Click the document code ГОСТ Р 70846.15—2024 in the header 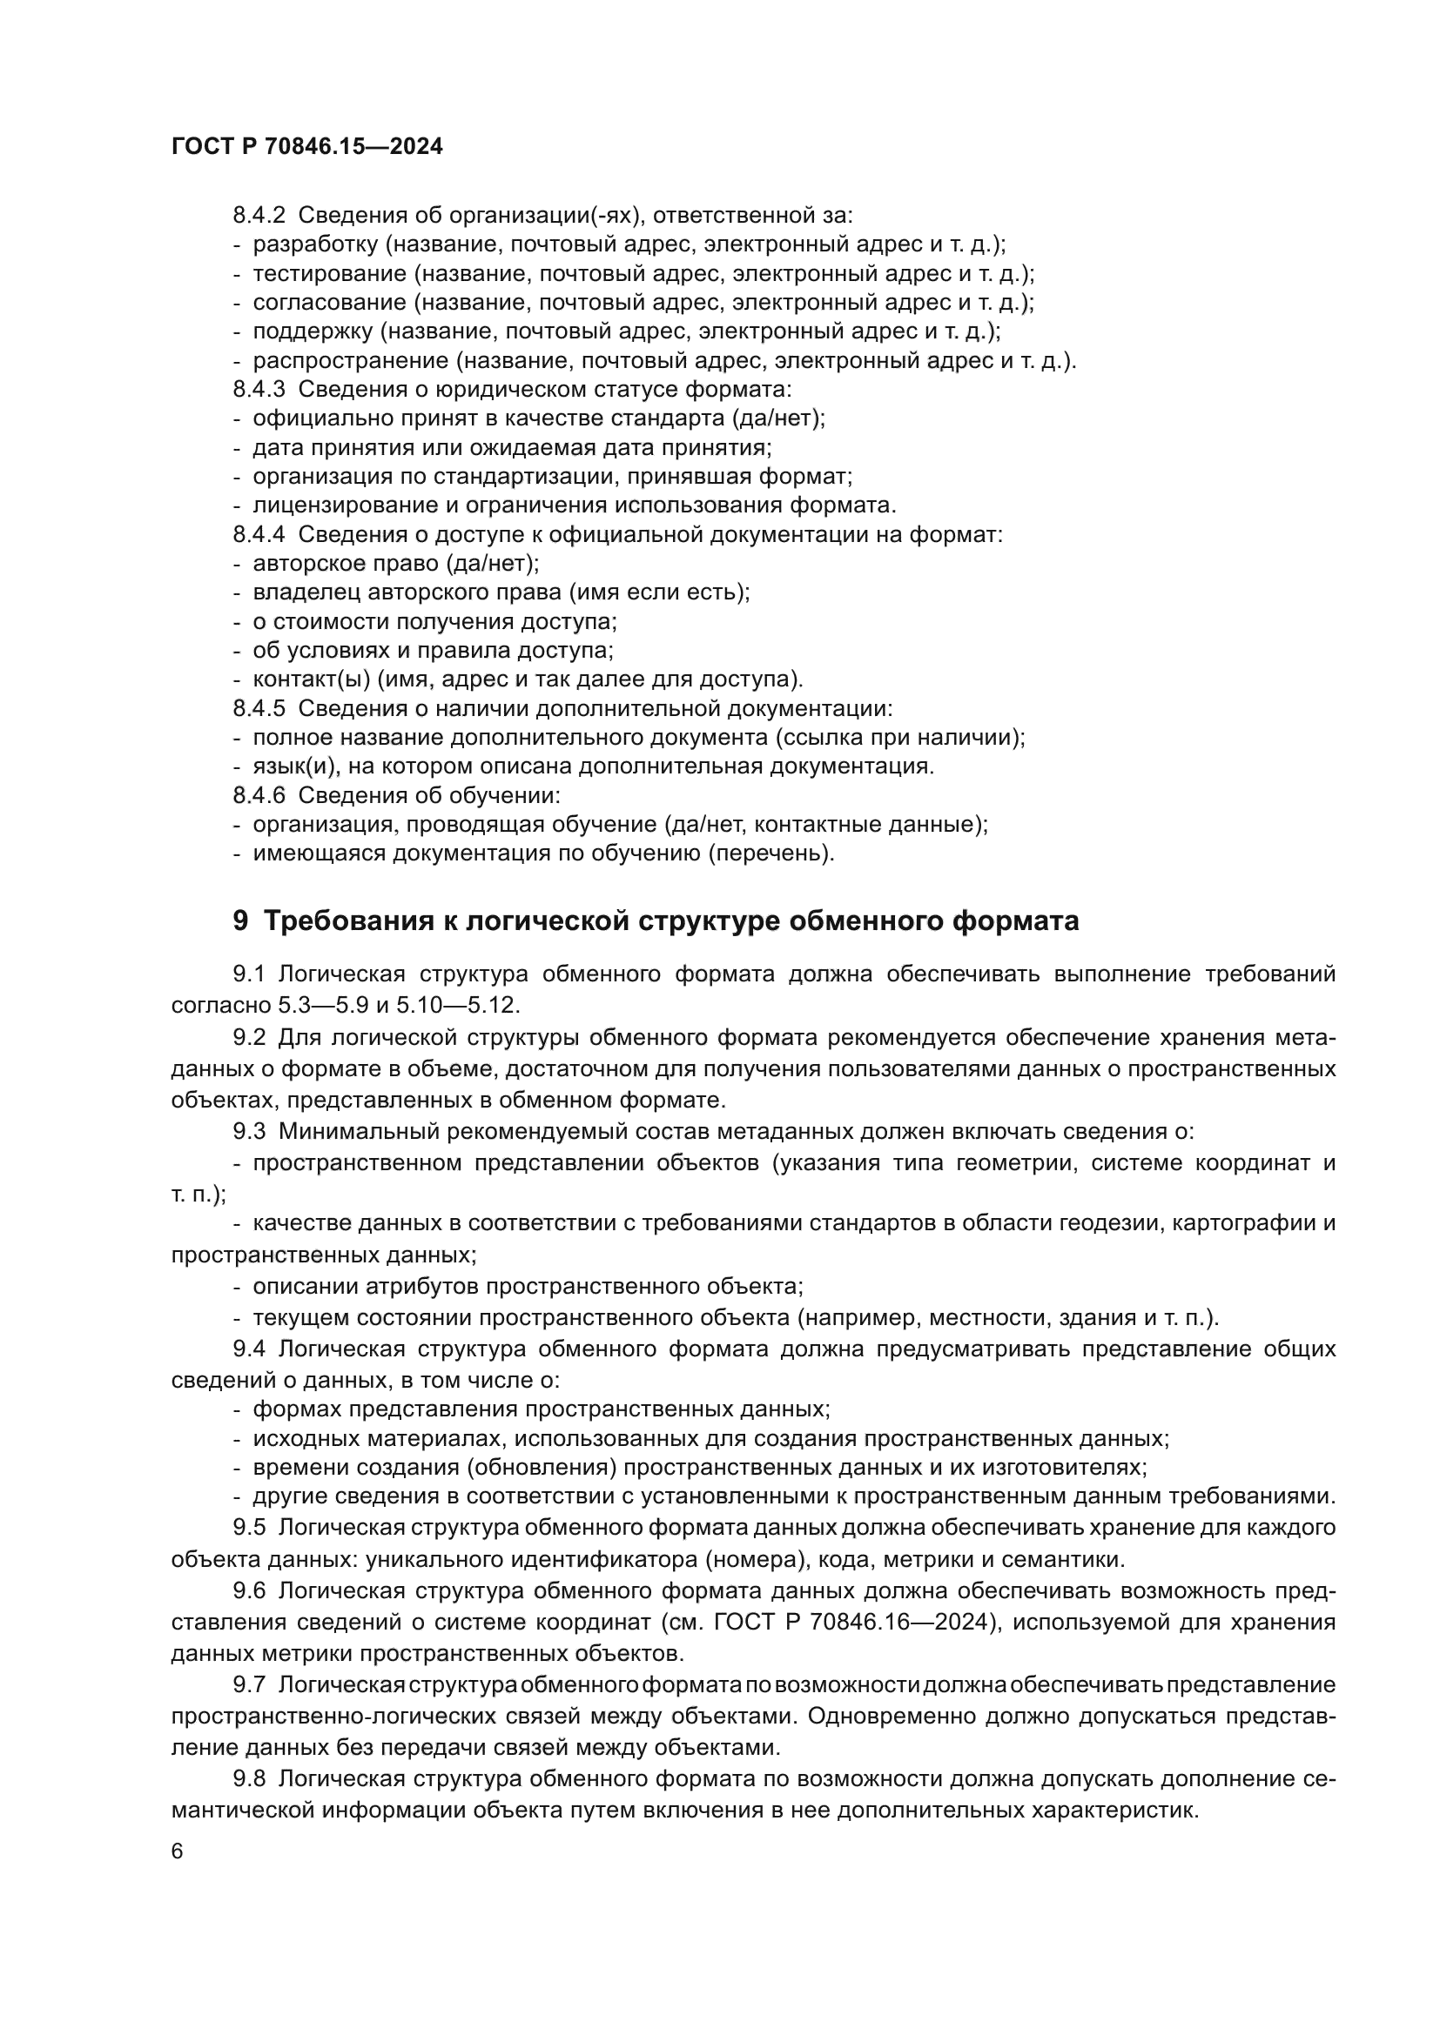[x=306, y=147]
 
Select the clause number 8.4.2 [x=259, y=216]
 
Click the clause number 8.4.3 [x=259, y=390]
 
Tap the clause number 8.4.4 [x=259, y=535]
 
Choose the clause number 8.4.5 [x=259, y=709]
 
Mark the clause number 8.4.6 [x=259, y=796]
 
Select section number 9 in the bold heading [x=240, y=921]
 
